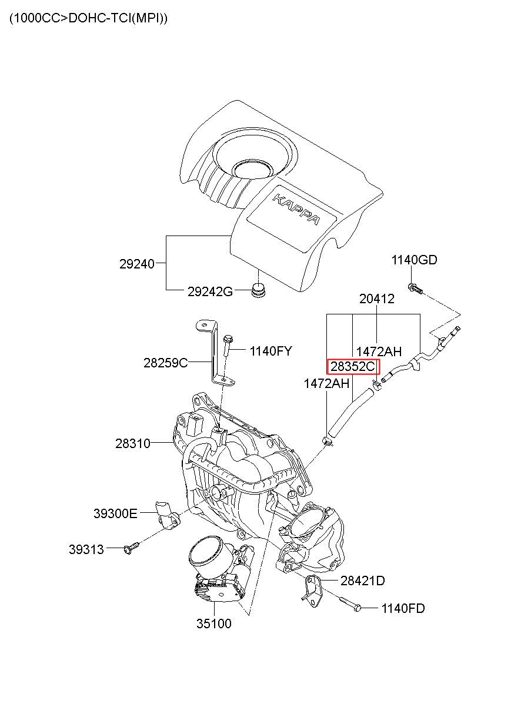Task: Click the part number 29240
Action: [x=136, y=264]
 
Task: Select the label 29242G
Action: [x=210, y=291]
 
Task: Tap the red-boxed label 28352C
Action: [x=353, y=367]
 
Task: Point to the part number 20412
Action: [x=377, y=299]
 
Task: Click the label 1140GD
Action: [x=414, y=260]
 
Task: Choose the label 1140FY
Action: [x=270, y=351]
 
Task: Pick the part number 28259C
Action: [x=166, y=363]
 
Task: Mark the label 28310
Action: [x=132, y=443]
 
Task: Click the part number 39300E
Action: [x=115, y=513]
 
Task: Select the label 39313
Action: [x=86, y=549]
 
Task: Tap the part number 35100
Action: [x=213, y=624]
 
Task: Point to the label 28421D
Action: [x=362, y=581]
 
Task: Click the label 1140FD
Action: [x=403, y=608]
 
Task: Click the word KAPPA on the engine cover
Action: [x=296, y=209]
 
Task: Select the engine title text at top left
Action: [x=88, y=18]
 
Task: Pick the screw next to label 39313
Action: [x=131, y=548]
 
